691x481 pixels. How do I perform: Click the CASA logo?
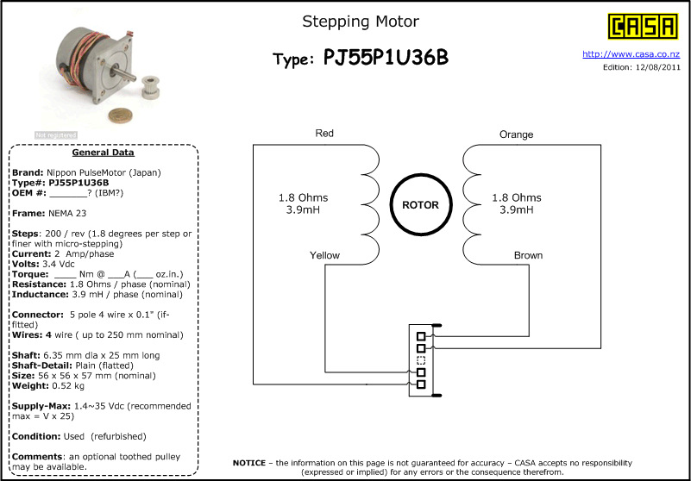(x=643, y=27)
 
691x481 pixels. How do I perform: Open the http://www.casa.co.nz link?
(x=631, y=54)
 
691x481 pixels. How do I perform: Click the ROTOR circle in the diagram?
(x=421, y=205)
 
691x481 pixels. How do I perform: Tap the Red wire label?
(x=324, y=133)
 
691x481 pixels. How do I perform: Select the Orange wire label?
(x=516, y=134)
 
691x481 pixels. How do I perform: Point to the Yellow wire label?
(x=324, y=255)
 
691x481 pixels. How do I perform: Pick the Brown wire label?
(x=528, y=255)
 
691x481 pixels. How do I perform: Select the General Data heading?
(x=104, y=153)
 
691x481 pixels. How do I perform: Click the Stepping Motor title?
(x=361, y=22)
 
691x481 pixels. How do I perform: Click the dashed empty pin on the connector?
(x=421, y=360)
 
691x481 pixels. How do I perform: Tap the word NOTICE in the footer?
(x=249, y=463)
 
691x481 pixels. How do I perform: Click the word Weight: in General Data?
(x=30, y=386)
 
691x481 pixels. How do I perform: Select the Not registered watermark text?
(x=56, y=135)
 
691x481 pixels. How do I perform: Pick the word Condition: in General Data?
(x=36, y=436)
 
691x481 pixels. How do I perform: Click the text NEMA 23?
(x=68, y=213)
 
